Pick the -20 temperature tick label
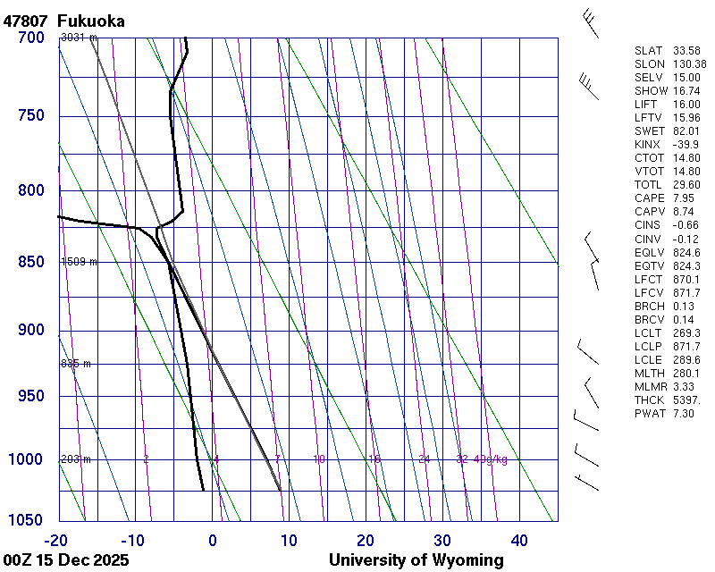pos(56,540)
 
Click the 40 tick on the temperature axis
pos(519,540)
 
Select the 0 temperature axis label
pos(213,540)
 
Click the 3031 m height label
pos(79,38)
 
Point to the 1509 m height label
pos(79,262)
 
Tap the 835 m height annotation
pos(76,364)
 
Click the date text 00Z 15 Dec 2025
pos(66,560)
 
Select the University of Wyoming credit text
pos(416,560)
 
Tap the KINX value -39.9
pos(686,144)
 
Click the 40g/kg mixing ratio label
pos(491,459)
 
